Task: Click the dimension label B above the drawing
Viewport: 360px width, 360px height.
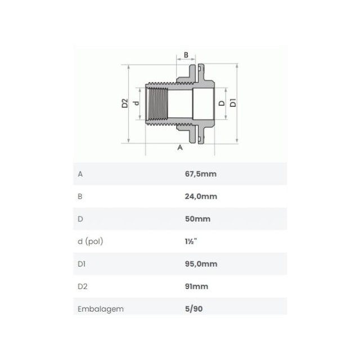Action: (x=186, y=55)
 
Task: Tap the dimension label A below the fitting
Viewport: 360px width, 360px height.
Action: (x=180, y=147)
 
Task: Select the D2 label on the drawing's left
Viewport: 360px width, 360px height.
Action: (x=125, y=103)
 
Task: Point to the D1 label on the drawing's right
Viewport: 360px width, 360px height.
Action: (x=233, y=102)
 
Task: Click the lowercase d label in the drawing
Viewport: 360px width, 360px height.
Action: (x=136, y=103)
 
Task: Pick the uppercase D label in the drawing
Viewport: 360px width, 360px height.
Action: (x=222, y=103)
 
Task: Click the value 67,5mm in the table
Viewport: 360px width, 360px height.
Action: (x=201, y=174)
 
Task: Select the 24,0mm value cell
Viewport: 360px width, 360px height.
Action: (x=201, y=196)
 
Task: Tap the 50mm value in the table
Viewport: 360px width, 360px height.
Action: (x=197, y=219)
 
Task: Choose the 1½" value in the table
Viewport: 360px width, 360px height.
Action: (x=191, y=241)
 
